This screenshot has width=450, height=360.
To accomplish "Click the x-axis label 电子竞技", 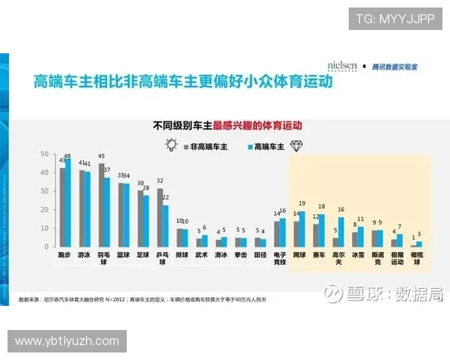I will tap(280, 258).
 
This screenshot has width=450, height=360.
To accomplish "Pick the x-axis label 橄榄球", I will tap(417, 258).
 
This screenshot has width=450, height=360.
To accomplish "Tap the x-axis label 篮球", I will tap(123, 255).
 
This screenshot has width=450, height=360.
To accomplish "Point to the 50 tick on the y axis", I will tap(43, 154).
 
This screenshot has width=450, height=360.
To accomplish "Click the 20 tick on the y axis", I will tap(43, 209).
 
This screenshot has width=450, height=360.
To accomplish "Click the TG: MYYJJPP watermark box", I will tap(394, 18).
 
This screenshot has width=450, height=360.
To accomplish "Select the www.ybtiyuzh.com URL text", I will tap(67, 341).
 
